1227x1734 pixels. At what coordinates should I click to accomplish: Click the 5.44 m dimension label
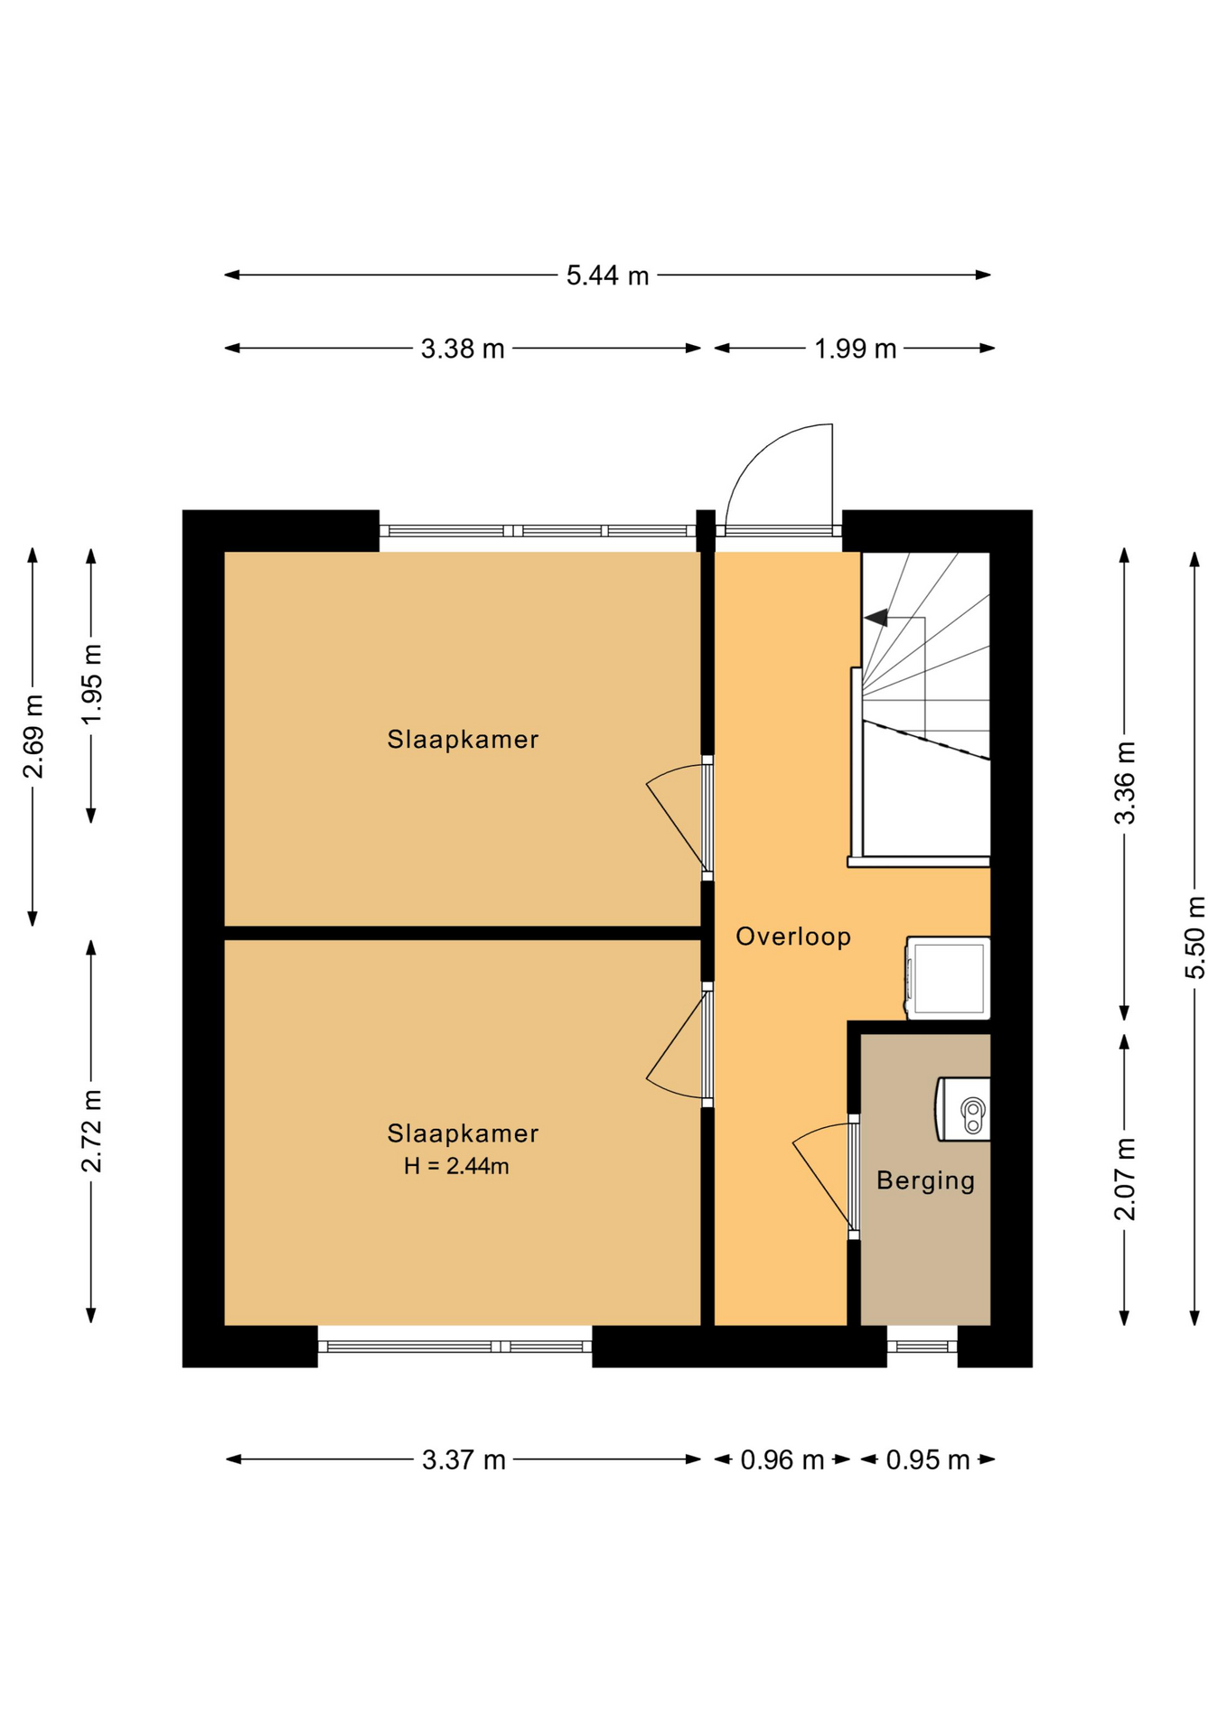(x=607, y=275)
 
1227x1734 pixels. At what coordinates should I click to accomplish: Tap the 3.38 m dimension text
(x=463, y=349)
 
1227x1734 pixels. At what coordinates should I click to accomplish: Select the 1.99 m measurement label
(x=855, y=349)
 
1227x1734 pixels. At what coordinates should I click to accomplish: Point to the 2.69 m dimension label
(x=33, y=736)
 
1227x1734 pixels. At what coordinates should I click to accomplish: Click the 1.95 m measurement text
(x=91, y=685)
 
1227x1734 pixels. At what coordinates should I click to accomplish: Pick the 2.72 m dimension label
(x=91, y=1131)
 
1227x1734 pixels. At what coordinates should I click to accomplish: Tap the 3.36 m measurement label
(x=1125, y=783)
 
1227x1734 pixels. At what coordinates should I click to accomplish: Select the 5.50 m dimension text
(x=1195, y=937)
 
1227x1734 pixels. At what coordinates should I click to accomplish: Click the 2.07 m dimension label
(x=1125, y=1179)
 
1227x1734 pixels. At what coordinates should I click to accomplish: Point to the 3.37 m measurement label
(x=464, y=1459)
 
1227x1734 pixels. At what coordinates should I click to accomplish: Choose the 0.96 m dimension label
(x=782, y=1459)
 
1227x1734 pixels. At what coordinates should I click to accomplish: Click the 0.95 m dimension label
(x=928, y=1459)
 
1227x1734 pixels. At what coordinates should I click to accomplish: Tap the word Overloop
(x=793, y=937)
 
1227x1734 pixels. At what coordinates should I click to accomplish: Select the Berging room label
(x=926, y=1180)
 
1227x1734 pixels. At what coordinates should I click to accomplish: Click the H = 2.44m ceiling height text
(x=456, y=1166)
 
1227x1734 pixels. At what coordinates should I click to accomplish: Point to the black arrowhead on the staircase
(x=876, y=618)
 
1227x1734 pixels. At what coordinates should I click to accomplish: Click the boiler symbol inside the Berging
(x=963, y=1109)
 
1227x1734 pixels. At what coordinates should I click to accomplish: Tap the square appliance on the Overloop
(x=948, y=978)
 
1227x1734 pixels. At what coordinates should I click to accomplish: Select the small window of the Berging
(x=922, y=1346)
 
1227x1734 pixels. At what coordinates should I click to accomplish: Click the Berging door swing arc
(x=818, y=1130)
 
